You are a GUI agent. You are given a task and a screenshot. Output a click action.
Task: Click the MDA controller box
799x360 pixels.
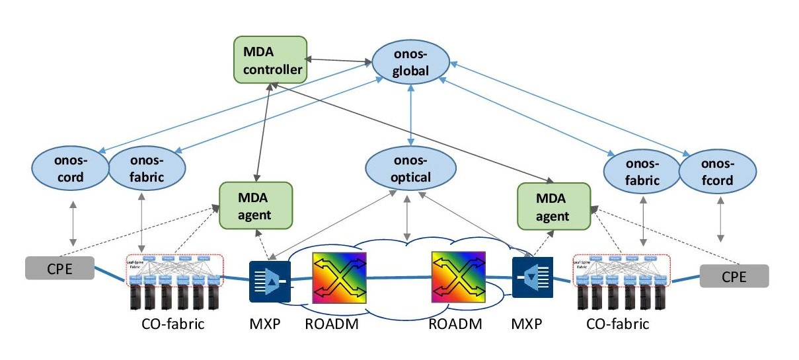270,59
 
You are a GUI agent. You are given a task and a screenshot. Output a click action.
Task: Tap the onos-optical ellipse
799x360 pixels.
410,168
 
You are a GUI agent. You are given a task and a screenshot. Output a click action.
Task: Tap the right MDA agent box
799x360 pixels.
552,207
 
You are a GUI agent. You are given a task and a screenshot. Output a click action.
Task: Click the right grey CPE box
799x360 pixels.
734,276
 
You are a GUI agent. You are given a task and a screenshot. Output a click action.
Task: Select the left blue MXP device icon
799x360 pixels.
270,281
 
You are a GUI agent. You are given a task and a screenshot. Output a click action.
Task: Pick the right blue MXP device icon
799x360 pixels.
534,281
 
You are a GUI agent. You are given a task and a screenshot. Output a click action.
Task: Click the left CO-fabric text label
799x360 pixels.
172,324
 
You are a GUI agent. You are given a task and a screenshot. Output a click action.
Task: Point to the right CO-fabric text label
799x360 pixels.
618,324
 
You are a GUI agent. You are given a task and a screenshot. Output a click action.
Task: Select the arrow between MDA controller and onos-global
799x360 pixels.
339,61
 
